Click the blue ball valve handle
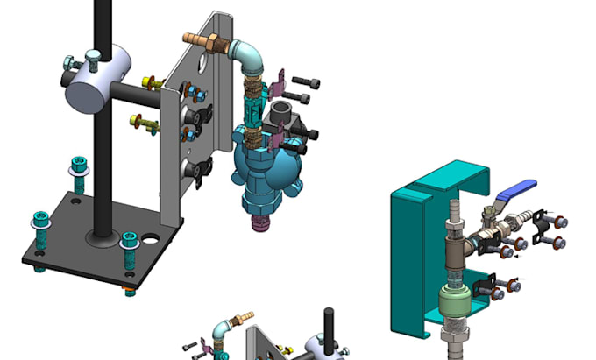pyautogui.click(x=516, y=188)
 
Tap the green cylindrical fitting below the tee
pyautogui.click(x=454, y=306)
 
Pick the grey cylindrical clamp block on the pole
pyautogui.click(x=94, y=85)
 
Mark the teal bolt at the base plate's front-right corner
pyautogui.click(x=130, y=244)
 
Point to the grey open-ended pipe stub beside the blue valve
pyautogui.click(x=282, y=114)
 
